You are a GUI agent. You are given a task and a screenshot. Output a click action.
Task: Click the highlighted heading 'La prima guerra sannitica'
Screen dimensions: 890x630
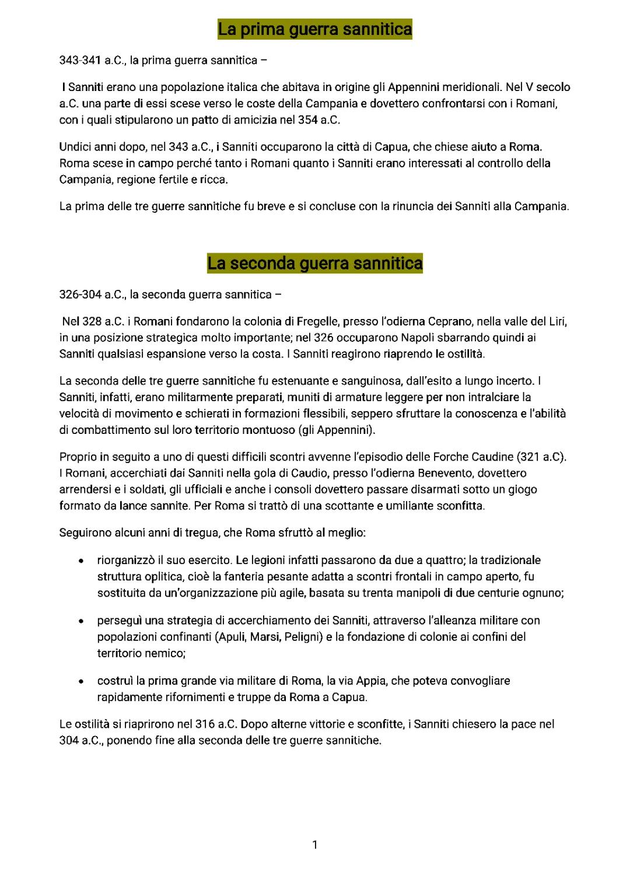314,29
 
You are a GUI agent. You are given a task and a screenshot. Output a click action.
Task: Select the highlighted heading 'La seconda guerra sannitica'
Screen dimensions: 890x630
314,264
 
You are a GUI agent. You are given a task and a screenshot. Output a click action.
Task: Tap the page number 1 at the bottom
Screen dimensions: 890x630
315,845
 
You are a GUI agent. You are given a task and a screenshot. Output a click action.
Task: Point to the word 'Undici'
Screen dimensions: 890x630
75,147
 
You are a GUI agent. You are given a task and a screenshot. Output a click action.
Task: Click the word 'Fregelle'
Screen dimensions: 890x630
317,321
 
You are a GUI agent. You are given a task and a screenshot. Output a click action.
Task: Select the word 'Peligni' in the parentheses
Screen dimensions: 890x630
303,637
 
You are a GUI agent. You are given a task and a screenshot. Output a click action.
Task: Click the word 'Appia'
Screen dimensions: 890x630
370,681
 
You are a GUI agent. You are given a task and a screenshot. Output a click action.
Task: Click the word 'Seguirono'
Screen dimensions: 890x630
83,533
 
